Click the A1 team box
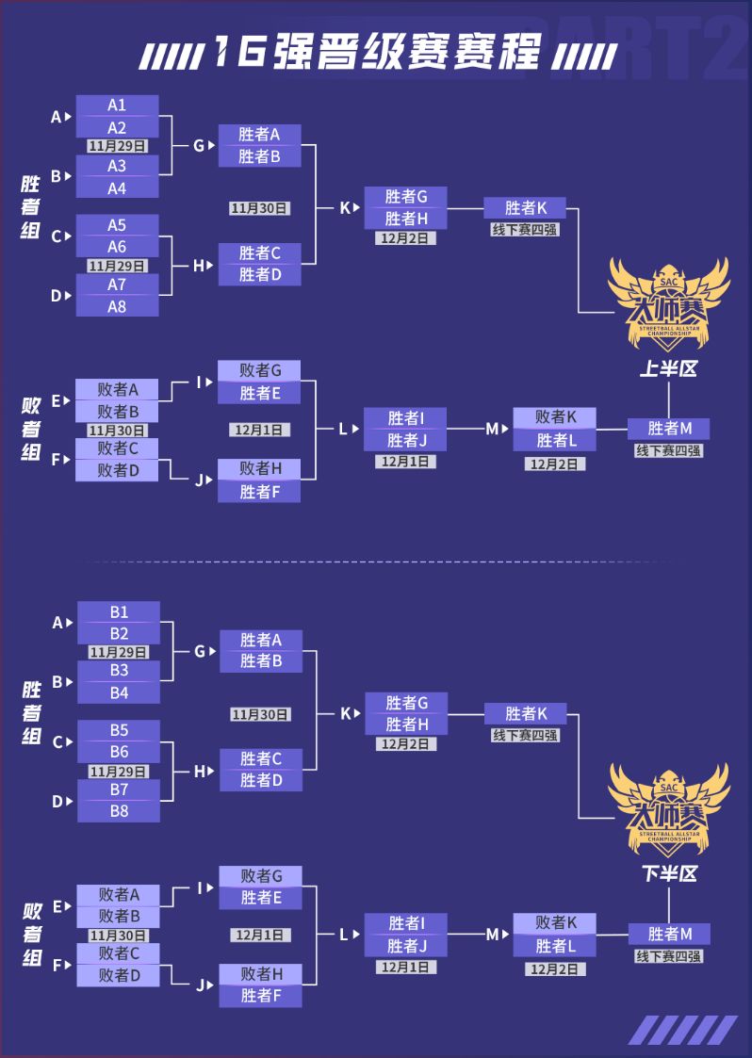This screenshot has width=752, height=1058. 117,106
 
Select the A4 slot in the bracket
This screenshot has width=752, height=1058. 117,187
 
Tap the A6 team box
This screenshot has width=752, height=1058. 117,247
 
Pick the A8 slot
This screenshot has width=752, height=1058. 117,306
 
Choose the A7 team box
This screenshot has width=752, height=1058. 117,285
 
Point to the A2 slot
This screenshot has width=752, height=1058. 117,127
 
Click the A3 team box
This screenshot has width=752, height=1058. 117,166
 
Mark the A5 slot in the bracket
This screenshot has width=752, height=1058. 117,225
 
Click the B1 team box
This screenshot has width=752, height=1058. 119,611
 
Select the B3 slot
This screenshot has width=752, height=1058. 119,671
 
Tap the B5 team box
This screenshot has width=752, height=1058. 119,730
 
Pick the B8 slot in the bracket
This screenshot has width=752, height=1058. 119,810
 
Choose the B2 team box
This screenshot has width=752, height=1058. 119,633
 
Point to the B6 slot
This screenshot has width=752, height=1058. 119,752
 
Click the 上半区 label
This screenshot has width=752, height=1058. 668,369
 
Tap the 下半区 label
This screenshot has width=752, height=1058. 669,873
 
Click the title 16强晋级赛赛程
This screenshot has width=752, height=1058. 377,55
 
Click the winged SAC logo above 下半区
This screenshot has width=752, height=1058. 669,807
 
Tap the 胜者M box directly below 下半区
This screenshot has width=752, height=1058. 669,934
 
